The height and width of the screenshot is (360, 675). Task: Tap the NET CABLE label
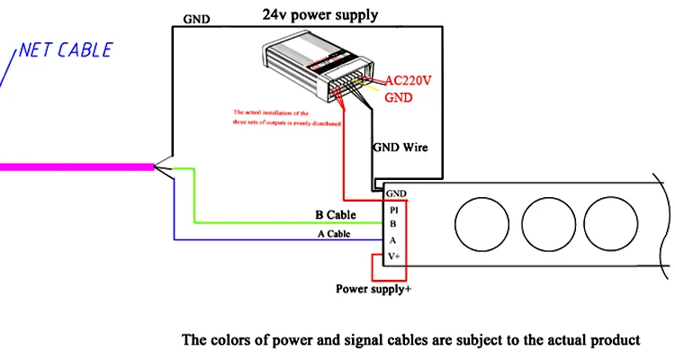(66, 49)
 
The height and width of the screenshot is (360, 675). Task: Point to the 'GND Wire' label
(401, 147)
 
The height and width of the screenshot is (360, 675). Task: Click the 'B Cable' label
(335, 215)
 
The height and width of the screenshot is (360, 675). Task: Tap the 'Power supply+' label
(373, 289)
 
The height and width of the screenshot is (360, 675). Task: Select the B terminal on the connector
(392, 223)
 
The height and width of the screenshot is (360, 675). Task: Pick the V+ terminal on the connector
(394, 256)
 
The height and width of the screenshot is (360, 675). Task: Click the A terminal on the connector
(392, 240)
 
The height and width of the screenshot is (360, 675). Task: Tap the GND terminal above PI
(395, 193)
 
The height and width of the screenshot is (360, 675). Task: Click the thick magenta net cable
(76, 166)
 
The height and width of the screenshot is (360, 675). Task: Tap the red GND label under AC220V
(399, 96)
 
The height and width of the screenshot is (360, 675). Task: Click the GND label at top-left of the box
(199, 18)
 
